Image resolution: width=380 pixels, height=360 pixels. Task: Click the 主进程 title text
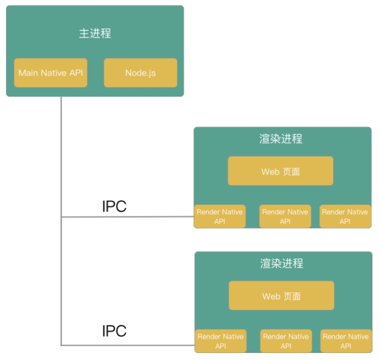(x=95, y=33)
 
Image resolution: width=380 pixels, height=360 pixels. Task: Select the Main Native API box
(x=51, y=73)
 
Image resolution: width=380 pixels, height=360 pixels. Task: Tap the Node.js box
(x=140, y=73)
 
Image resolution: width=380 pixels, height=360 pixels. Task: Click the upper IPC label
(x=114, y=206)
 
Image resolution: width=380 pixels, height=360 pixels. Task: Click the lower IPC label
(x=114, y=331)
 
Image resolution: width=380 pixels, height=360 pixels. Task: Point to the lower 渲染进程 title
(x=282, y=263)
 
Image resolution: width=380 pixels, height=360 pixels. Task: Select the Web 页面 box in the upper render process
(x=280, y=171)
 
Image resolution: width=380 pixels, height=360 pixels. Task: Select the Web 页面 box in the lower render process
(x=281, y=296)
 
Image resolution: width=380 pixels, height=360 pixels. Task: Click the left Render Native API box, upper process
(x=219, y=216)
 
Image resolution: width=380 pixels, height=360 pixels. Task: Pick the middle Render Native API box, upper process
(x=285, y=216)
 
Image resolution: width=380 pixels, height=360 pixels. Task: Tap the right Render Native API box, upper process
(x=345, y=216)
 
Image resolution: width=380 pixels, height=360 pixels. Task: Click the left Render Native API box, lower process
(x=220, y=341)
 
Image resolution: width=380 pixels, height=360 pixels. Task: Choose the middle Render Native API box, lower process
(x=286, y=341)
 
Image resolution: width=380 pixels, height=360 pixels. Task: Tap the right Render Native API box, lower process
(x=346, y=341)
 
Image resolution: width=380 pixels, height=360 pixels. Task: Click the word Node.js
(x=140, y=73)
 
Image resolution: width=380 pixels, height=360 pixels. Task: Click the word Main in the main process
(x=28, y=73)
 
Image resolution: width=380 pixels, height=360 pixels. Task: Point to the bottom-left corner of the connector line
(x=62, y=345)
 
